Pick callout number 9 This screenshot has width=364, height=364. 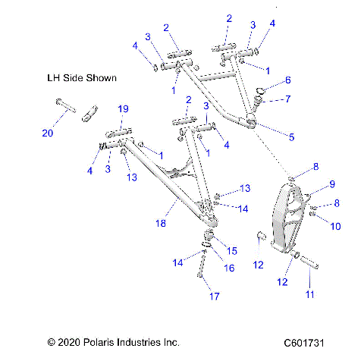[310, 184]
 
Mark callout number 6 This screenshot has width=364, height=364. [288, 80]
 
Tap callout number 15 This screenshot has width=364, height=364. [232, 251]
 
